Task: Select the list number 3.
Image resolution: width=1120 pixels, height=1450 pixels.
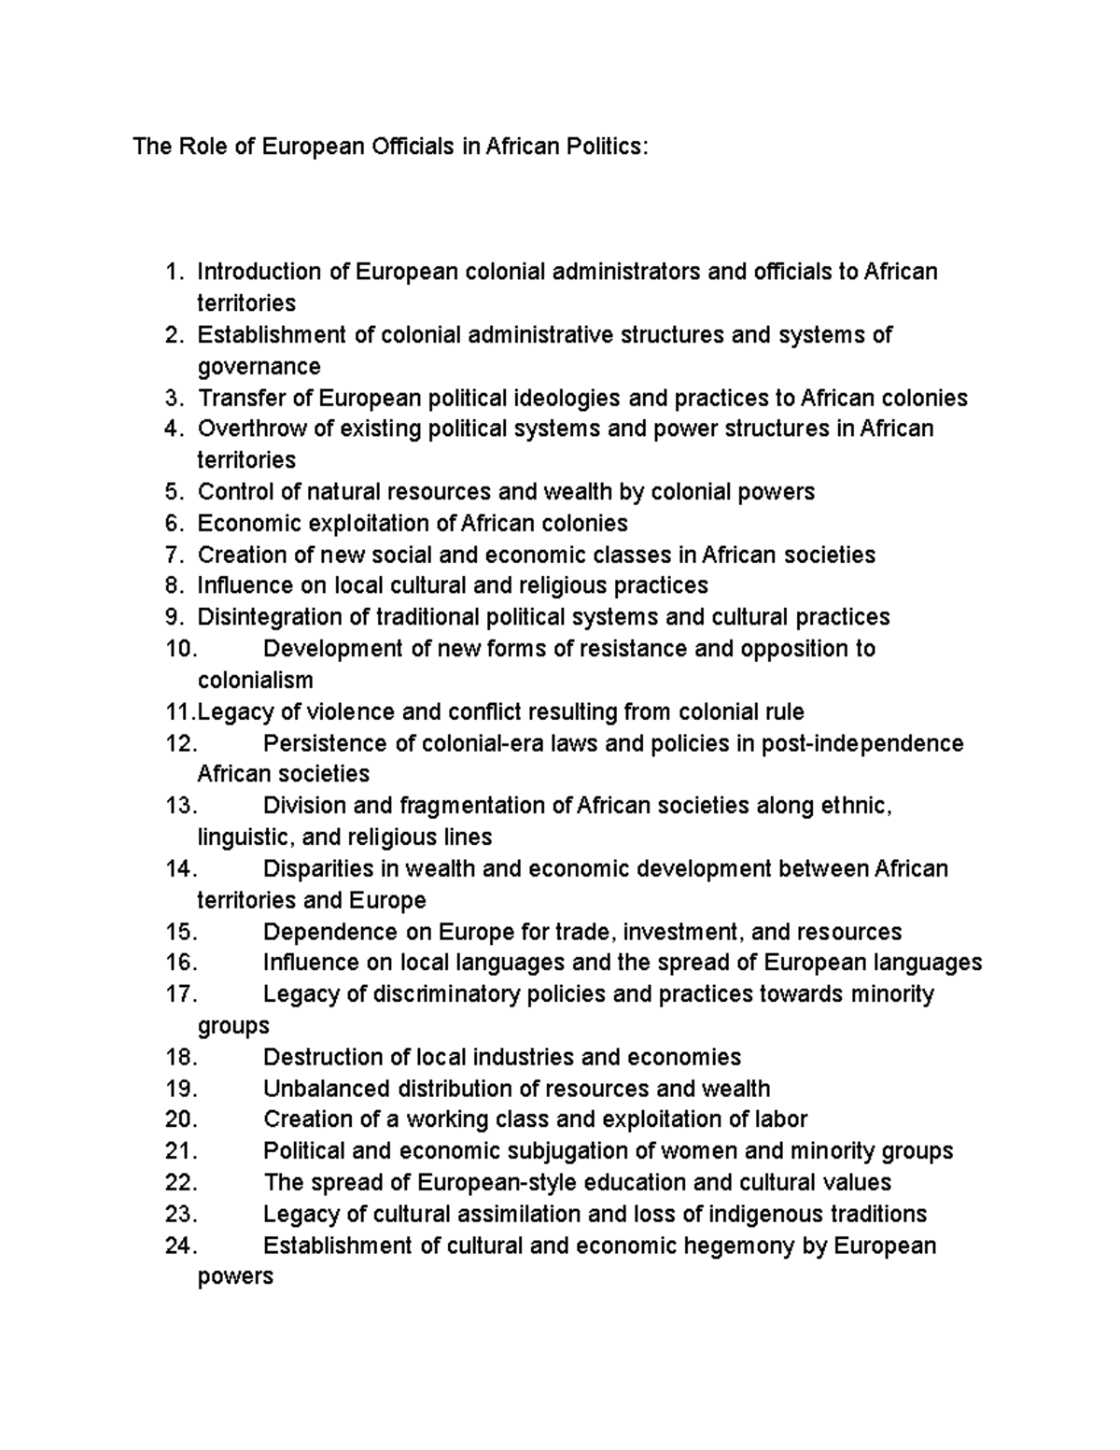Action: point(173,398)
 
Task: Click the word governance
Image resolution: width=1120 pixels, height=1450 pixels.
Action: point(259,366)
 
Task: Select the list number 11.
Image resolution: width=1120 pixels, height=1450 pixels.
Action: point(178,712)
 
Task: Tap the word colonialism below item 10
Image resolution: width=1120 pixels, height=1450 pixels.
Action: point(255,680)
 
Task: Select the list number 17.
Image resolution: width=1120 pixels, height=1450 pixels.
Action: point(180,994)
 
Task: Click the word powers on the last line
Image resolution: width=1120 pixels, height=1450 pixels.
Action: point(235,1277)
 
